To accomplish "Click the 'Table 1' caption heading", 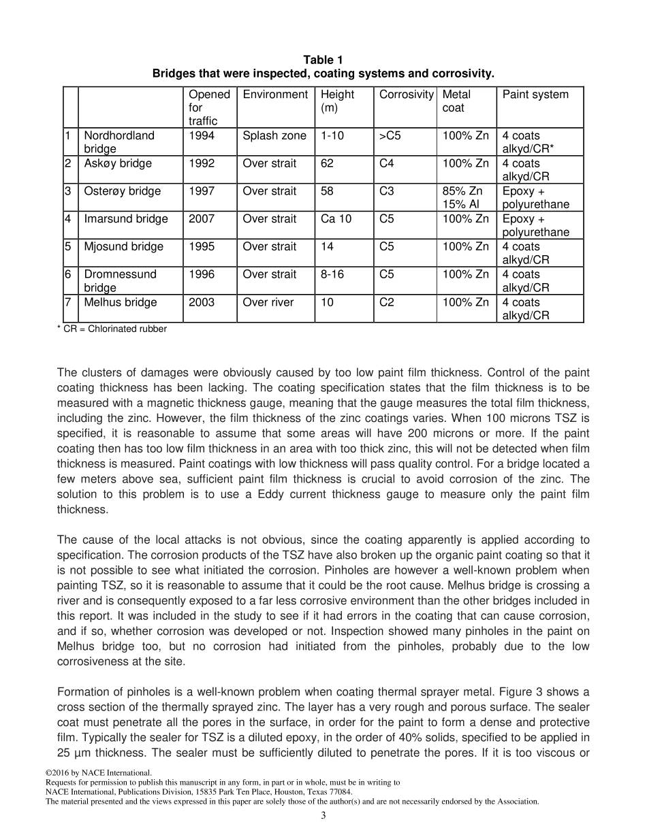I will tap(323, 61).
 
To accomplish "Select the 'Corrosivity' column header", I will tap(406, 95).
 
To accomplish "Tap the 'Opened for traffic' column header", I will tap(209, 108).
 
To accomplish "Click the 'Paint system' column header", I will tap(535, 95).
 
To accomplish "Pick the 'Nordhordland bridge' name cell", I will tap(119, 142).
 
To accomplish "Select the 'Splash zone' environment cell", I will tap(274, 136).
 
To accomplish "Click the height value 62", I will tap(327, 164).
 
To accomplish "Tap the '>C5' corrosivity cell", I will tap(390, 136).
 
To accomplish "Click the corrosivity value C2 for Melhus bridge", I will tap(386, 303).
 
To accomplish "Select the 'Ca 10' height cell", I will tap(336, 219).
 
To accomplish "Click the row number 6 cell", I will tap(68, 275).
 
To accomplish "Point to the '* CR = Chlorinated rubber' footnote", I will tap(112, 329).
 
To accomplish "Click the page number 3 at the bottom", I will tap(323, 816).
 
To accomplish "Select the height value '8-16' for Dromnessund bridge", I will tap(333, 275).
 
